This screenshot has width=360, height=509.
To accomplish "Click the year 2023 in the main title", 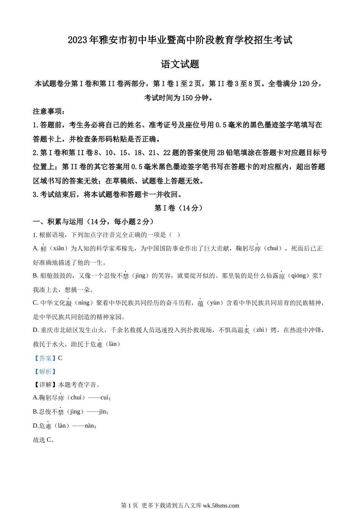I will point(78,40).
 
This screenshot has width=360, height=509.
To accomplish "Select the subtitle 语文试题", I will point(180,64).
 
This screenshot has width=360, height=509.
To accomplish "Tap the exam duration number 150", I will point(187,98).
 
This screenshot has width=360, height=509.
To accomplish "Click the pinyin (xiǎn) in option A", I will point(56,248).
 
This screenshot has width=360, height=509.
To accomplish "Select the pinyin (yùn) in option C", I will point(214,303).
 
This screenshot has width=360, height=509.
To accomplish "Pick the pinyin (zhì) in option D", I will point(260,330).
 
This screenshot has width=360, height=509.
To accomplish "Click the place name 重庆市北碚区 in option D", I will point(61,330).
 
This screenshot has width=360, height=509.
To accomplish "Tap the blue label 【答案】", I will point(45,358).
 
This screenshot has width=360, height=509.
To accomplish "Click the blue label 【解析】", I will point(45,372).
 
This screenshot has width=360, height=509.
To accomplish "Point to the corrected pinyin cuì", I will point(105,398).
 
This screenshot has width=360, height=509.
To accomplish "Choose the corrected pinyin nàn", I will point(89,426).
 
